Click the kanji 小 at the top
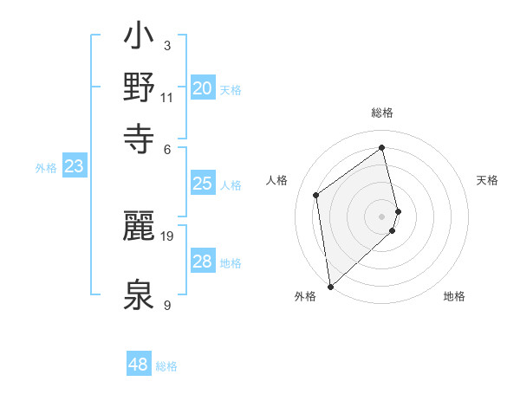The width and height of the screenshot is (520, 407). click(140, 37)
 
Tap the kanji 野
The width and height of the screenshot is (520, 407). click(140, 87)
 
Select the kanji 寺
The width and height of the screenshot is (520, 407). click(140, 137)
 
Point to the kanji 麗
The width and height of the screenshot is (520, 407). click(140, 227)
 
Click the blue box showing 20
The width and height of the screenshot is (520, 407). click(203, 87)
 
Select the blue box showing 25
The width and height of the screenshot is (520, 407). click(203, 183)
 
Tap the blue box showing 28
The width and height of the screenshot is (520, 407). click(203, 262)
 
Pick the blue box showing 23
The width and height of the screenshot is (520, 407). click(74, 166)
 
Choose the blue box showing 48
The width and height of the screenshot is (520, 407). click(139, 365)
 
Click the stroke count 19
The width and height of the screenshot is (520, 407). click(168, 235)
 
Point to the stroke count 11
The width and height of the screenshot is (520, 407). click(167, 96)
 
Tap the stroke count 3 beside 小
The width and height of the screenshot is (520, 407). click(167, 45)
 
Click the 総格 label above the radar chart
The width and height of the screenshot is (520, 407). click(382, 113)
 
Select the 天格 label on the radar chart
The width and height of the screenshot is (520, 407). click(487, 180)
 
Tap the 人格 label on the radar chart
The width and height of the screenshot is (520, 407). click(277, 180)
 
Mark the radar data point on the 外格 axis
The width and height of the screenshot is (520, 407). click(330, 287)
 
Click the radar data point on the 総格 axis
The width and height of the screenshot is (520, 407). click(382, 147)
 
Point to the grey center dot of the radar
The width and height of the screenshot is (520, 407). click(382, 216)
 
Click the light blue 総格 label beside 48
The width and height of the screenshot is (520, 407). click(166, 366)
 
